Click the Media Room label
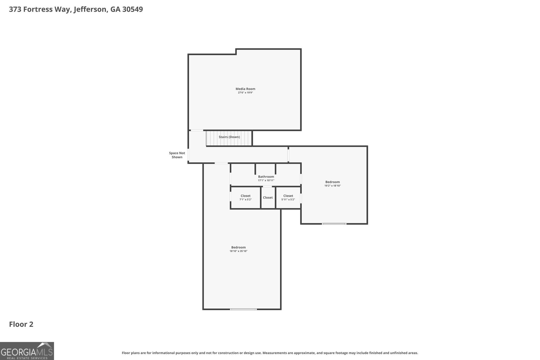click(x=245, y=89)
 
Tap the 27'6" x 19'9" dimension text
click(x=245, y=92)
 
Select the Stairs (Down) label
click(x=229, y=137)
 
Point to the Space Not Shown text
click(x=177, y=155)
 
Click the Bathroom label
click(x=266, y=176)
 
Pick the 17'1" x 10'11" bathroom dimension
click(x=266, y=181)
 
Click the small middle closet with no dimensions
click(x=268, y=198)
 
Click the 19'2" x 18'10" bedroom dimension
click(x=332, y=186)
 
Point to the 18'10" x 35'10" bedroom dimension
click(x=238, y=251)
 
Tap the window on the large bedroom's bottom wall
click(x=243, y=309)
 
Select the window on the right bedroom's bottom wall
click(x=334, y=224)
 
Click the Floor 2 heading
click(x=21, y=324)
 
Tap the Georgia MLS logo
click(x=27, y=351)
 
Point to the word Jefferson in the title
click(x=90, y=9)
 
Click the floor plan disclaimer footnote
click(x=270, y=353)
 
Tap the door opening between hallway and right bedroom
click(x=288, y=155)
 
